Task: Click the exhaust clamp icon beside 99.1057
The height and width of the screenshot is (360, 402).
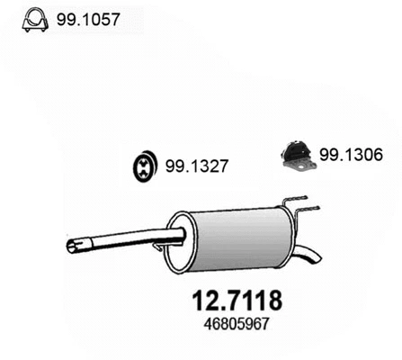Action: tap(33, 18)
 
